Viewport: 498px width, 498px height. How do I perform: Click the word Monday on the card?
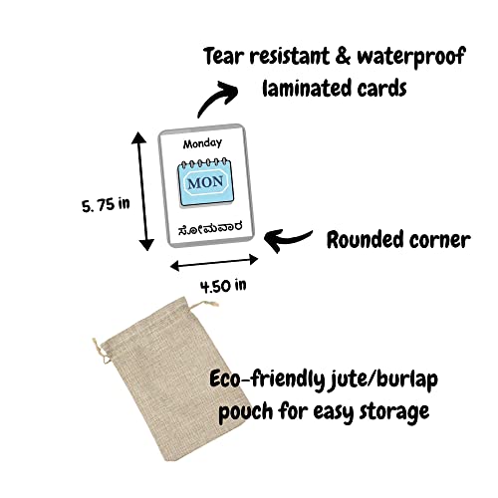[202, 143]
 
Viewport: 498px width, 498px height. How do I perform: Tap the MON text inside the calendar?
[205, 182]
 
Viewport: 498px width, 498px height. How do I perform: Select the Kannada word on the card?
[210, 228]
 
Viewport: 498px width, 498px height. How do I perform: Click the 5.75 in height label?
[106, 205]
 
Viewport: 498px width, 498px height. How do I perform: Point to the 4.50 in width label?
[223, 286]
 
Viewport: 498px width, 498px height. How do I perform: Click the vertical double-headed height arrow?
[142, 191]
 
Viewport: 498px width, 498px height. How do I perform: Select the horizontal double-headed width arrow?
[214, 263]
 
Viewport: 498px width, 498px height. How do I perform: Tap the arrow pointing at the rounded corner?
[288, 240]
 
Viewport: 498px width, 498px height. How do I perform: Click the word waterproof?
[411, 57]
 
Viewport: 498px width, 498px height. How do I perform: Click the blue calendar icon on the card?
[205, 182]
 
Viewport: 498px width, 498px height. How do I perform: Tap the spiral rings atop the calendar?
[205, 163]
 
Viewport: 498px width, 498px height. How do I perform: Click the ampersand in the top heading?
[343, 56]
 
